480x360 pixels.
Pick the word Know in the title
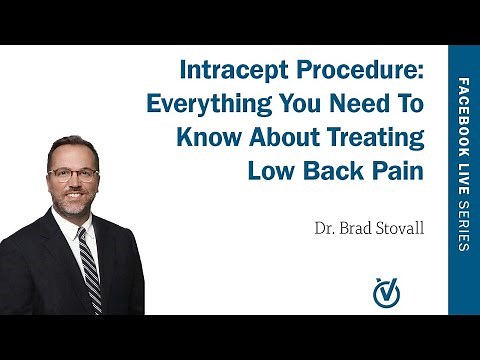coord(208,137)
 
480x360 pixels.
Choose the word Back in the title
coord(331,170)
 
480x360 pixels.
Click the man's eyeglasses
coord(73,173)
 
